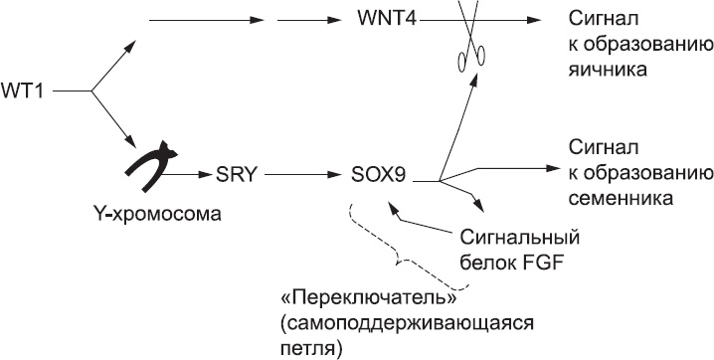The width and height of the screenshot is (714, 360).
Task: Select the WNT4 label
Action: (383, 20)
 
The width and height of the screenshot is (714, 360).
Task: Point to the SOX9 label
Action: (379, 180)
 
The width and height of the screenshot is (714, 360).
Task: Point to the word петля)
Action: (313, 348)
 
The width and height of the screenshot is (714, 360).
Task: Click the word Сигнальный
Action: (521, 239)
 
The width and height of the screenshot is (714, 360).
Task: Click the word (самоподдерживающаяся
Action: (409, 324)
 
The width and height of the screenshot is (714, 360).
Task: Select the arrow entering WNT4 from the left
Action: (308, 20)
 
